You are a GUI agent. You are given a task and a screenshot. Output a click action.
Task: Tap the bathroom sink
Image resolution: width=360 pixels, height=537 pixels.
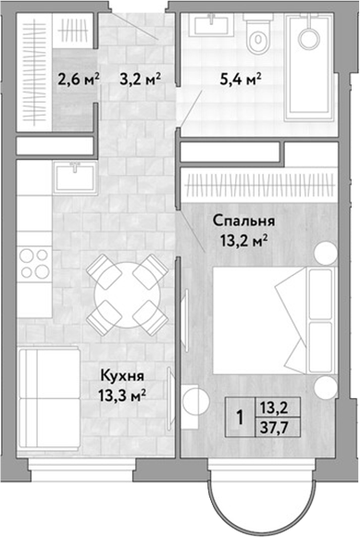[x=212, y=24]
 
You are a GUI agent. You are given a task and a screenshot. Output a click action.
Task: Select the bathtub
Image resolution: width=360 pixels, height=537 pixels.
[x=311, y=67]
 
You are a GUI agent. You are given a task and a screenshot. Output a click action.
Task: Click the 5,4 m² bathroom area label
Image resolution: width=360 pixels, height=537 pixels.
[x=241, y=80]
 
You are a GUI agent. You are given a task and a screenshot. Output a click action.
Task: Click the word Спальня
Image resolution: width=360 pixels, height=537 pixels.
[x=243, y=221]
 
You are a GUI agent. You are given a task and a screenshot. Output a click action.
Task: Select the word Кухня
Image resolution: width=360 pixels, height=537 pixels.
[x=122, y=376]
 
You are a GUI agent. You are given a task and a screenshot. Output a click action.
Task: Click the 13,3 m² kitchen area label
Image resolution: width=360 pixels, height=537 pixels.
[x=122, y=396]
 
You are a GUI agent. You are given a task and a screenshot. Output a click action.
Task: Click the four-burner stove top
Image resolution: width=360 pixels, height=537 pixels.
[x=34, y=263]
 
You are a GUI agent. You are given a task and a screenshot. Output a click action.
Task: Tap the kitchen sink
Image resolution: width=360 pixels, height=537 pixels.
[x=75, y=177]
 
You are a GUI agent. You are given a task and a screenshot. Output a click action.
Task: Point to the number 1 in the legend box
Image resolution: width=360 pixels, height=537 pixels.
[x=241, y=418]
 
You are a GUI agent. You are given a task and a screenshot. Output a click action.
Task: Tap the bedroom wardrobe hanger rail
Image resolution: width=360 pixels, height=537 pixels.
[x=259, y=185]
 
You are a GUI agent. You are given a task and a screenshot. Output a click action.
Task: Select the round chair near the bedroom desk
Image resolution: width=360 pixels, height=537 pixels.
[x=195, y=400]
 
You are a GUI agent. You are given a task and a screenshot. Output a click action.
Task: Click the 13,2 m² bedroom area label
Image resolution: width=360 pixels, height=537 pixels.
[x=243, y=243]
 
